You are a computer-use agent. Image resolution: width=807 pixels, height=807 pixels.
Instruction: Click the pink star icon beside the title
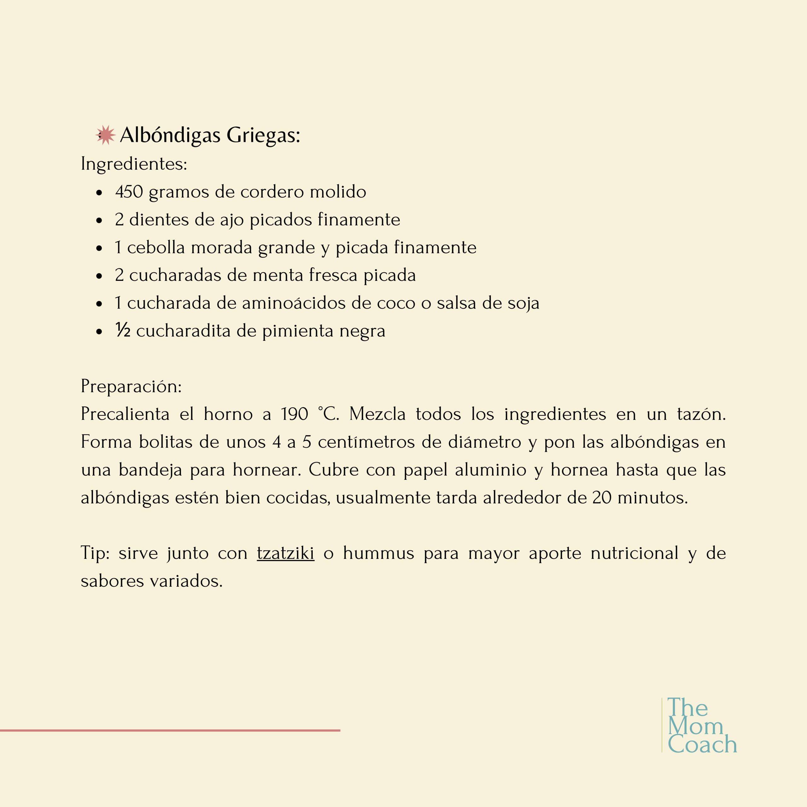(x=106, y=135)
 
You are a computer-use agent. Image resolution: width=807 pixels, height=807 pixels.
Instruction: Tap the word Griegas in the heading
(x=263, y=135)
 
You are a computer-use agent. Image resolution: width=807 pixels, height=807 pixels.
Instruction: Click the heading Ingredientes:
(x=134, y=164)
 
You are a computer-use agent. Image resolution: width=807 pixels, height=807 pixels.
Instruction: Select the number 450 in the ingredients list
(x=129, y=192)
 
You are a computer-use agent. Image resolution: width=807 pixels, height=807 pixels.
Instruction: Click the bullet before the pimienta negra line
(x=99, y=332)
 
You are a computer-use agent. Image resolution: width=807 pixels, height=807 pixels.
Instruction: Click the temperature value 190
(x=294, y=414)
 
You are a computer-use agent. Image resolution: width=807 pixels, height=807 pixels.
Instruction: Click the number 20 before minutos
(x=602, y=497)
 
